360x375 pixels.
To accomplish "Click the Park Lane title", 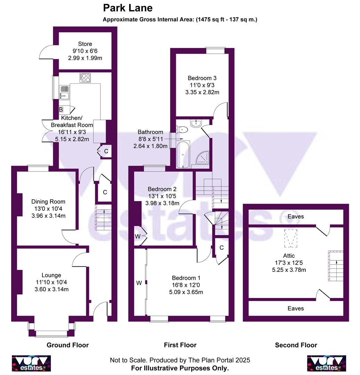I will click(x=128, y=8).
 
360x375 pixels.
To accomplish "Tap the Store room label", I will click(x=85, y=44).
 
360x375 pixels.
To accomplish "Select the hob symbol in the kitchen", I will click(x=84, y=78).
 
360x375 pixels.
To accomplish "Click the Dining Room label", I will click(x=48, y=202).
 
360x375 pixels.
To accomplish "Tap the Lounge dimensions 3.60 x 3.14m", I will click(x=51, y=290).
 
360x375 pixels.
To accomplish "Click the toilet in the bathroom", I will click(x=182, y=130).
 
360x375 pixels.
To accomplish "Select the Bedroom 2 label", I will click(x=162, y=189).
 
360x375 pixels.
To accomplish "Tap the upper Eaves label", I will click(x=295, y=216).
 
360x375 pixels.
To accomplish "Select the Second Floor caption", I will click(x=296, y=345).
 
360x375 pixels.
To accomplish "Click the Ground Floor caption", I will click(x=68, y=345).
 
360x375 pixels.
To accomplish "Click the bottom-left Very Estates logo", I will click(x=32, y=363).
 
